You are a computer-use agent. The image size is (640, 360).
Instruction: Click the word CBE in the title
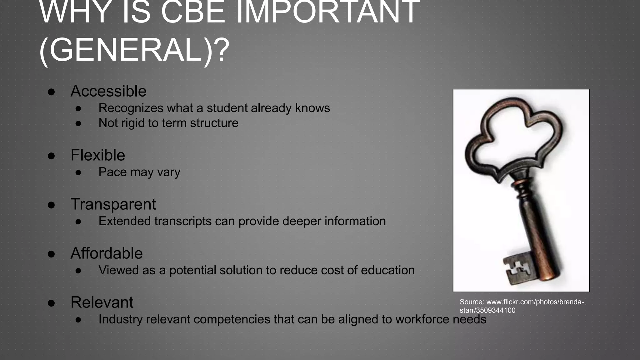point(192,12)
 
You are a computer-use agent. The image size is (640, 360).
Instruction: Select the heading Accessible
point(108,91)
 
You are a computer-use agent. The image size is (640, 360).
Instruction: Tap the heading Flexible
point(98,155)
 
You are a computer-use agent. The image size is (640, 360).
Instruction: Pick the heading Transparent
point(113,204)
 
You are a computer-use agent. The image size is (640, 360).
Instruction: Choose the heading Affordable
point(107,253)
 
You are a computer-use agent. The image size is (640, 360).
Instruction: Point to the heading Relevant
point(102,302)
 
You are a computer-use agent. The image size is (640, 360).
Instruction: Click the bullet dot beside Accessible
point(52,92)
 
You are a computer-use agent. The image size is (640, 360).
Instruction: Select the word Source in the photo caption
point(472,302)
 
